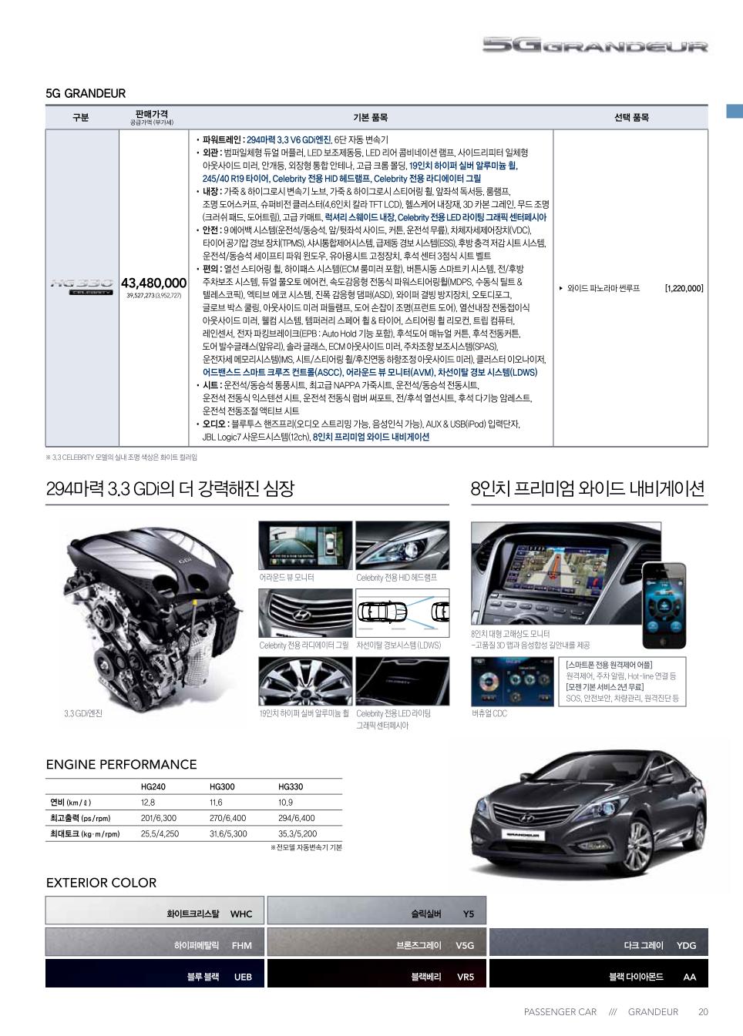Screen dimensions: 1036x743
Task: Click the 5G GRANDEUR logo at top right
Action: pos(594,46)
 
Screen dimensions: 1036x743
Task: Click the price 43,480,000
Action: pos(153,283)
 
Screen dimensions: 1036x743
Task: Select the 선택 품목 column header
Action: pos(630,118)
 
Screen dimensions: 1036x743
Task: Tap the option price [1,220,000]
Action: pos(684,289)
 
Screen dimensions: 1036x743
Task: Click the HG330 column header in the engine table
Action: pos(290,787)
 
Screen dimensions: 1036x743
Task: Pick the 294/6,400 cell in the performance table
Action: pos(296,818)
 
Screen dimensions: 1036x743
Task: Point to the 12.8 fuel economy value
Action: pos(148,803)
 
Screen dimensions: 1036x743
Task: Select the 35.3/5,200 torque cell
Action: pos(298,833)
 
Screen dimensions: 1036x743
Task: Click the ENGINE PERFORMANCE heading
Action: pos(121,764)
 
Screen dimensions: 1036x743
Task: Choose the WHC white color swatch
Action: pos(154,910)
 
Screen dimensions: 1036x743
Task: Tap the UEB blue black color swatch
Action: pos(154,974)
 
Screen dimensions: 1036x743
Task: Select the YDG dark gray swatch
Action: pos(598,943)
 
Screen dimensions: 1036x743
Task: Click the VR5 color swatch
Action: pos(376,974)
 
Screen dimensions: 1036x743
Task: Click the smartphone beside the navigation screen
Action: pos(664,605)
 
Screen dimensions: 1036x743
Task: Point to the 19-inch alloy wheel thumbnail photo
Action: pos(304,682)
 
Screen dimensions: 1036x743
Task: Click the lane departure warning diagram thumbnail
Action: pos(402,613)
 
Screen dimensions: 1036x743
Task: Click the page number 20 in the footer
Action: pos(703,1012)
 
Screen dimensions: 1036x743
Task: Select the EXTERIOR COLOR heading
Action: pos(101,883)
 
